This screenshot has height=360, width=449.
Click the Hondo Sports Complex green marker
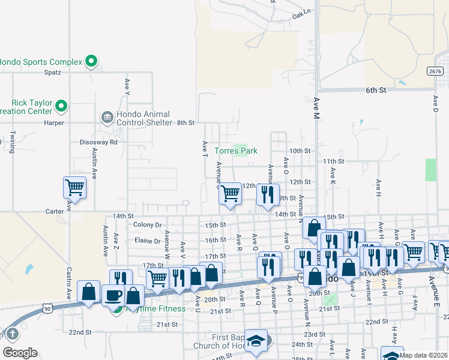[x=91, y=61]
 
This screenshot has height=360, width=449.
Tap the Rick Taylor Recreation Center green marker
[x=61, y=106]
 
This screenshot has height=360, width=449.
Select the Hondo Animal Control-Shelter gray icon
[x=107, y=116]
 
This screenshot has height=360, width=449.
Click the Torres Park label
[x=237, y=151]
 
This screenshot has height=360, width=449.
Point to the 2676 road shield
[x=436, y=71]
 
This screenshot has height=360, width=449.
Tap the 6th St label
[x=375, y=90]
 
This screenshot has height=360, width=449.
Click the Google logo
[x=20, y=352]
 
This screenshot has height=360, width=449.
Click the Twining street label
[x=11, y=144]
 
